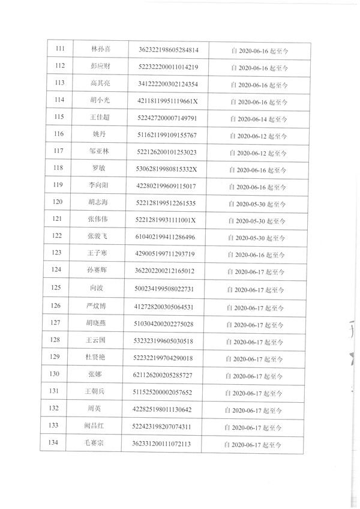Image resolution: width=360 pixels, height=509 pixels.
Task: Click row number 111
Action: pyautogui.click(x=60, y=49)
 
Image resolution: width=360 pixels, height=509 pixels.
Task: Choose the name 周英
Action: pyautogui.click(x=97, y=409)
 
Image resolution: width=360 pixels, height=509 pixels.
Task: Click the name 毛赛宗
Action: pyautogui.click(x=96, y=445)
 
